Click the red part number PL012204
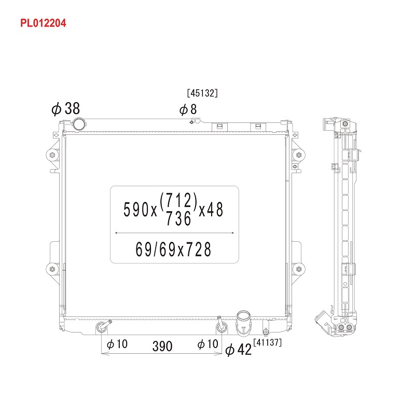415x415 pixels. pos(43,23)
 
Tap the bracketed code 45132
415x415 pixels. pos(202,93)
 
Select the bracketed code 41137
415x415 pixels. pos(267,342)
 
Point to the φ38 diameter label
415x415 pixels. pos(66,108)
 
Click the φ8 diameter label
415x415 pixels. pos(188,109)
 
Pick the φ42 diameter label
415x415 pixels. pos(238,350)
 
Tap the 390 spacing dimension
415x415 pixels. pos(162,346)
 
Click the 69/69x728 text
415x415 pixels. pos(173,250)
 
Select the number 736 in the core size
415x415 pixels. pos(178,218)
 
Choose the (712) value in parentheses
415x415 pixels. pos(178,200)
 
